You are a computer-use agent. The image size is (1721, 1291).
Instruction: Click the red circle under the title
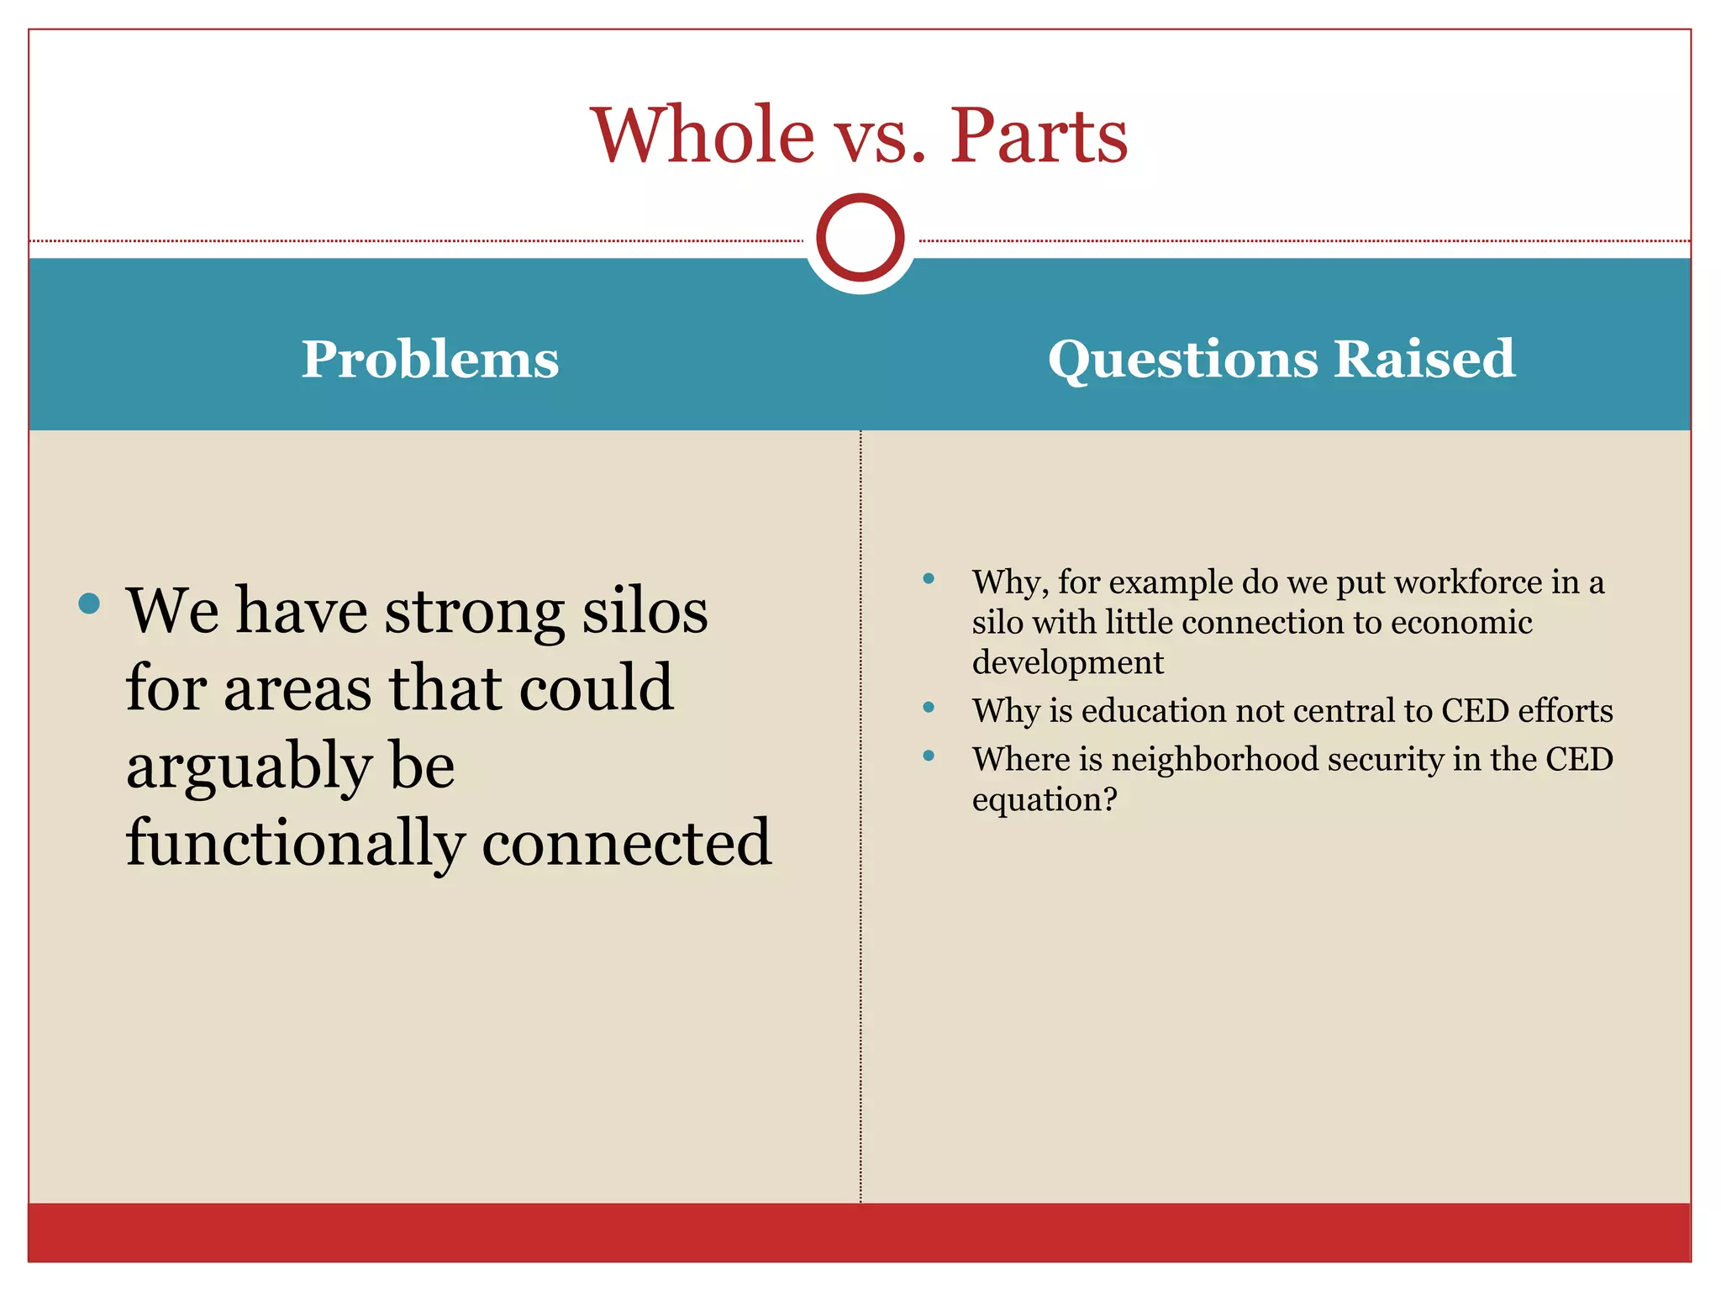(x=860, y=238)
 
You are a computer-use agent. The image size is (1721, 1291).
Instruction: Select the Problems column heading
(x=430, y=360)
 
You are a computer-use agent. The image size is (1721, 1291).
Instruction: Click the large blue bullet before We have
(x=89, y=603)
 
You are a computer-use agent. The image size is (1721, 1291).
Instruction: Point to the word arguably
(x=249, y=767)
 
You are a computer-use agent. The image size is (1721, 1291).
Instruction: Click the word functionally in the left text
(x=295, y=843)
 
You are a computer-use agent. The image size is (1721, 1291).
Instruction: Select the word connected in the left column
(x=626, y=843)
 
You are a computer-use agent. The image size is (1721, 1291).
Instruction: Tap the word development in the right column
(x=1067, y=662)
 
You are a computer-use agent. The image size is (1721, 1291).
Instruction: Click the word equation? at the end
(x=1045, y=799)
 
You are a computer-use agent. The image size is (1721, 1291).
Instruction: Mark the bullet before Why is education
(x=929, y=707)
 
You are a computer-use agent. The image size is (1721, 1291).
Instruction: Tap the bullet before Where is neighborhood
(x=929, y=756)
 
